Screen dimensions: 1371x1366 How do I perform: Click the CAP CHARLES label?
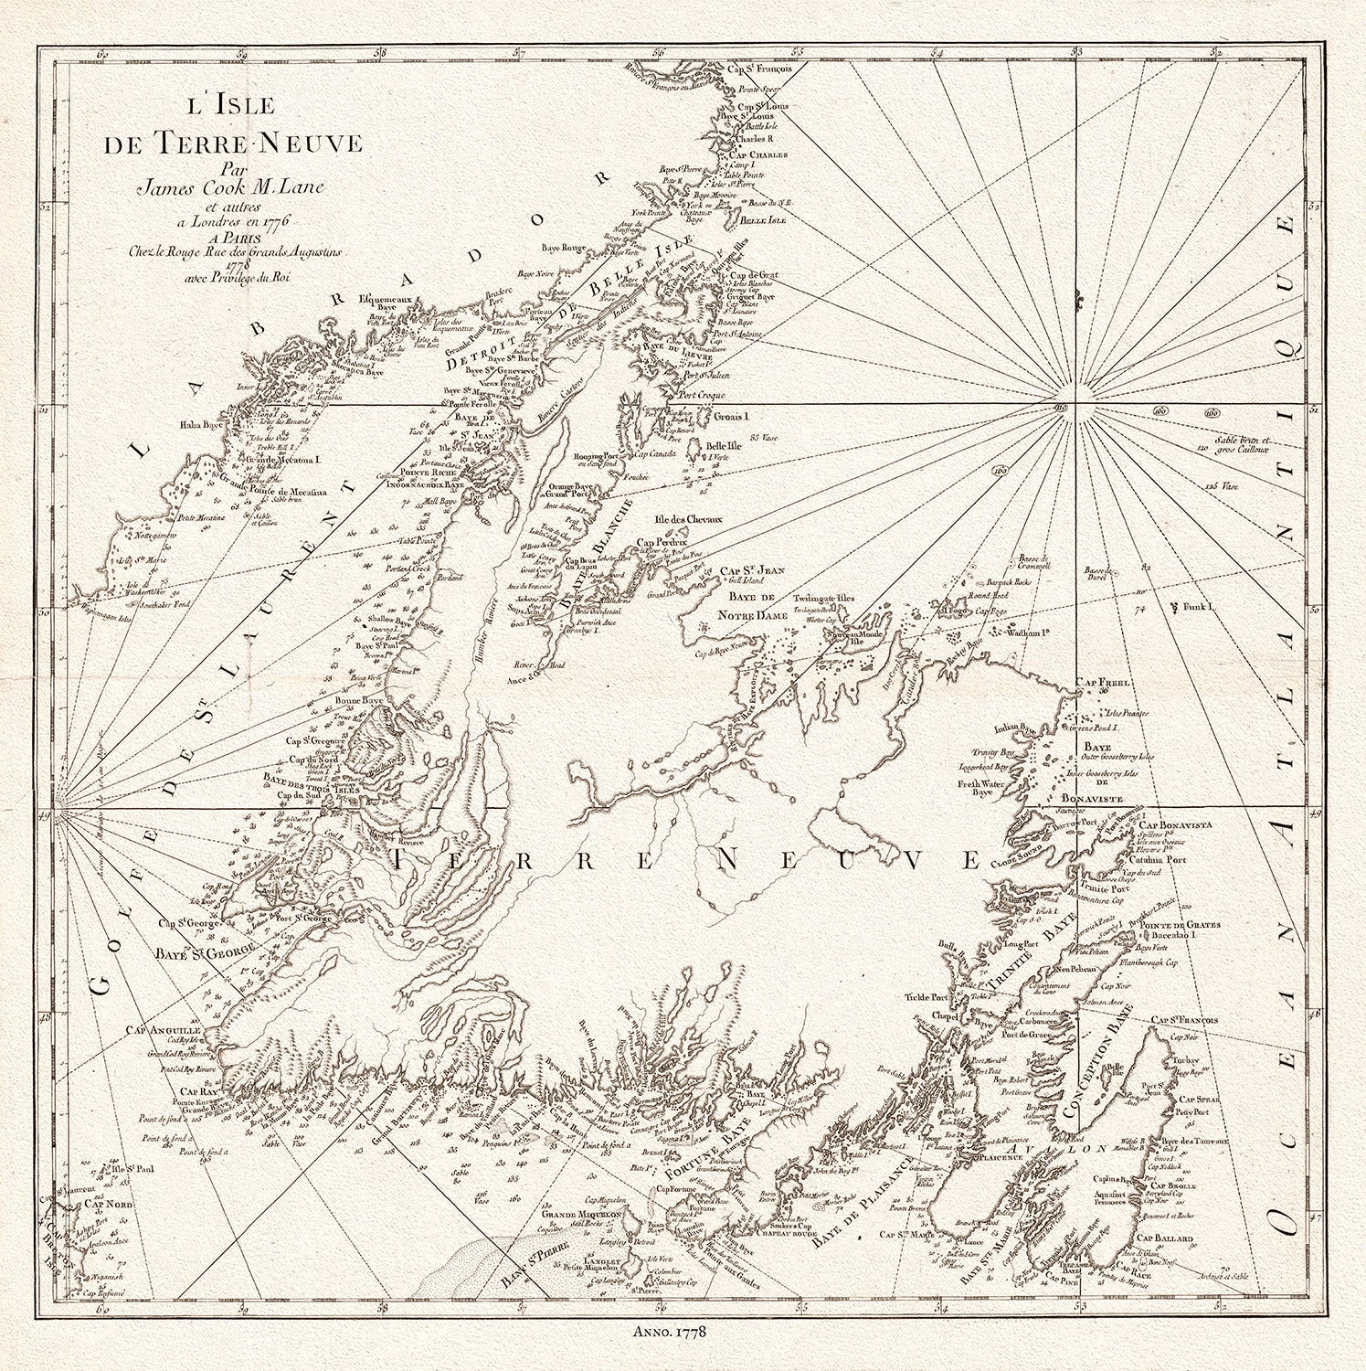(757, 155)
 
